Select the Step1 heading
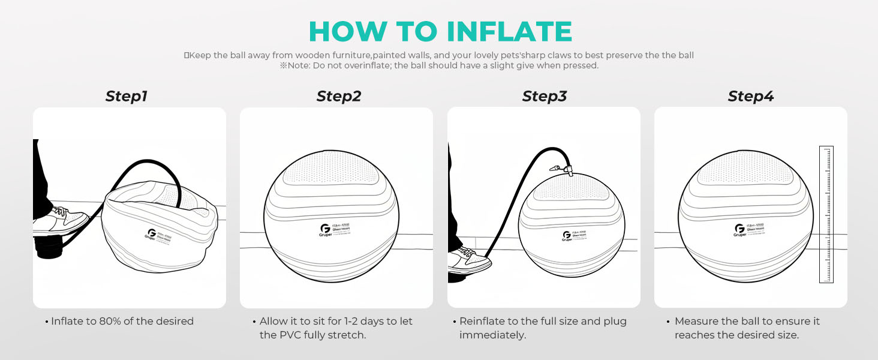[x=126, y=96]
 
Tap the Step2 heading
[x=339, y=96]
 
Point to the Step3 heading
[x=544, y=96]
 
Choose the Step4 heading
[x=751, y=96]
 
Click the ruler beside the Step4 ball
[x=826, y=214]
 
